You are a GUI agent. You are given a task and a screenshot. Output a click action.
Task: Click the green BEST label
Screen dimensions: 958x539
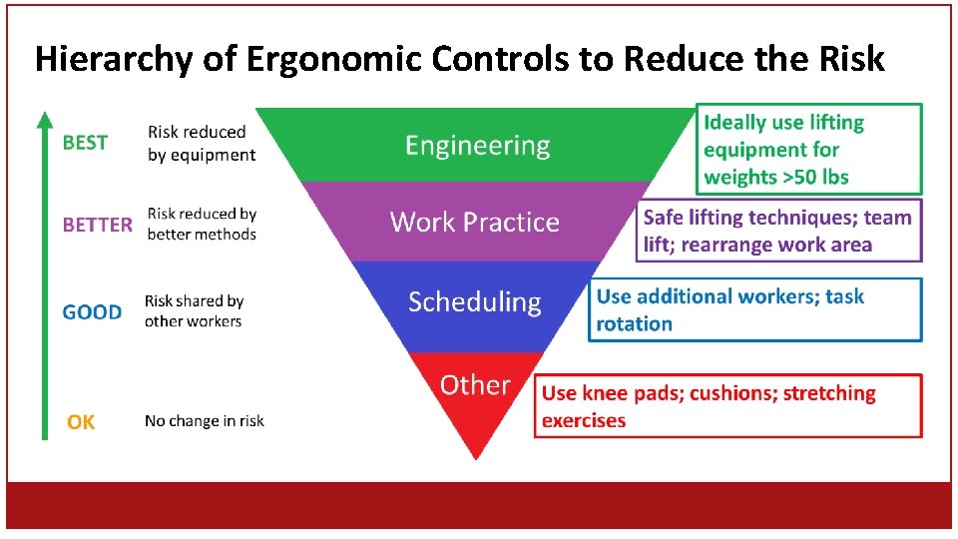tap(85, 143)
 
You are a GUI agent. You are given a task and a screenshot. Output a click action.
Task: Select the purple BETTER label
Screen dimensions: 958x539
tap(97, 225)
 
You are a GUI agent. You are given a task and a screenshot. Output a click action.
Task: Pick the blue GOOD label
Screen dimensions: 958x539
tap(92, 312)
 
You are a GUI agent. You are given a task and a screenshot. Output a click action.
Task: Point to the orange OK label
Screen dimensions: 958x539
tap(81, 422)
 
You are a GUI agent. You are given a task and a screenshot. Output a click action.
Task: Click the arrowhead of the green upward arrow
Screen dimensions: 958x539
tap(44, 120)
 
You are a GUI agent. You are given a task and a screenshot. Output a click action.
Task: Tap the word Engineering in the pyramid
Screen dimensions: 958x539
tap(477, 146)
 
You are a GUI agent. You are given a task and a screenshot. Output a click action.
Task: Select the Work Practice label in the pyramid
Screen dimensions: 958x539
tap(474, 222)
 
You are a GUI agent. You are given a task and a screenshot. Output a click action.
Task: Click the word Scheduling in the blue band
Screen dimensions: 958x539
tap(474, 302)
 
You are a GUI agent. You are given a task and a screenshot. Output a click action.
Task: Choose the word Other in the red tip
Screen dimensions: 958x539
tap(475, 385)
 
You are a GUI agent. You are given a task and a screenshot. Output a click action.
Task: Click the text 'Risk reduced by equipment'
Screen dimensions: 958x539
tap(201, 143)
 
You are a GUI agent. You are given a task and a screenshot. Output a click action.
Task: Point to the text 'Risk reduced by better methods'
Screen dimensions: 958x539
tap(202, 224)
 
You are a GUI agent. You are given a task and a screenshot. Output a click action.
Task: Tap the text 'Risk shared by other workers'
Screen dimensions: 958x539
tap(194, 310)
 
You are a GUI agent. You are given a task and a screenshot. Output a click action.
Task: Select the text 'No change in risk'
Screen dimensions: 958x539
tap(204, 421)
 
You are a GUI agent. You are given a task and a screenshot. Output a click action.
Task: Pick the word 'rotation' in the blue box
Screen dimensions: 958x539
tap(634, 324)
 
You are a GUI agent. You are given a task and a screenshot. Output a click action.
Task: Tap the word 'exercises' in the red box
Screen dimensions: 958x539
tap(584, 420)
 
